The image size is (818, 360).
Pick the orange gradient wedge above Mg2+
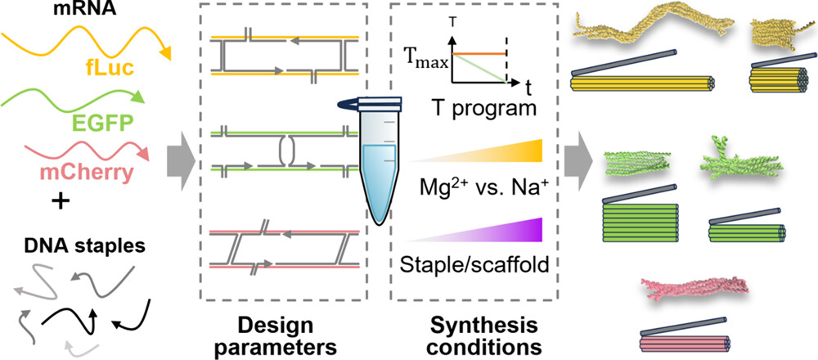(x=507, y=151)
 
